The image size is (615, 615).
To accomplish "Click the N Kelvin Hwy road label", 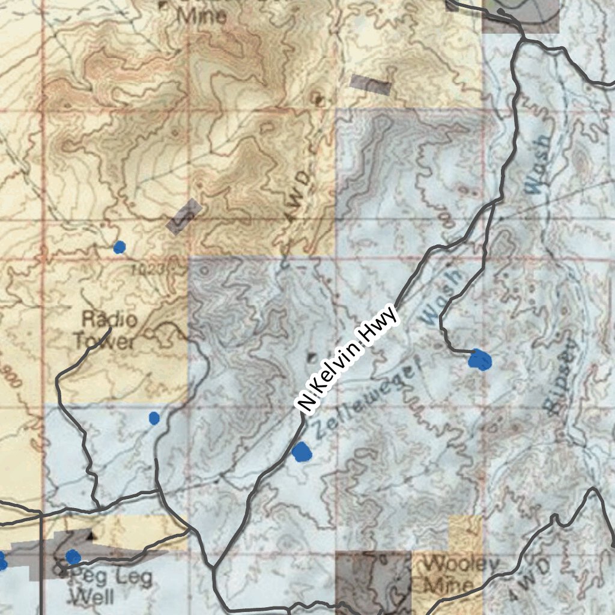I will [x=349, y=359].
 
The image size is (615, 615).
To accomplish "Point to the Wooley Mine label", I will [x=459, y=574].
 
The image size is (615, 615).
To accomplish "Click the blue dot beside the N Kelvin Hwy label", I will [x=302, y=452].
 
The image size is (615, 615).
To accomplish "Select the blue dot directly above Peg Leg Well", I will [x=73, y=557].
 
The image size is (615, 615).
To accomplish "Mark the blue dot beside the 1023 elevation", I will [x=120, y=246].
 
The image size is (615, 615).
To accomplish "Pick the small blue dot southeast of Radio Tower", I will [x=154, y=418].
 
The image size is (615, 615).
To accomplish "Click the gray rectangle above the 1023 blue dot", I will [x=184, y=216].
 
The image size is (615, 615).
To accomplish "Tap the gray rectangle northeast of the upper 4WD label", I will [x=371, y=85].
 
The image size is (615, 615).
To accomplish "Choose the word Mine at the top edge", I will [x=202, y=16].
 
